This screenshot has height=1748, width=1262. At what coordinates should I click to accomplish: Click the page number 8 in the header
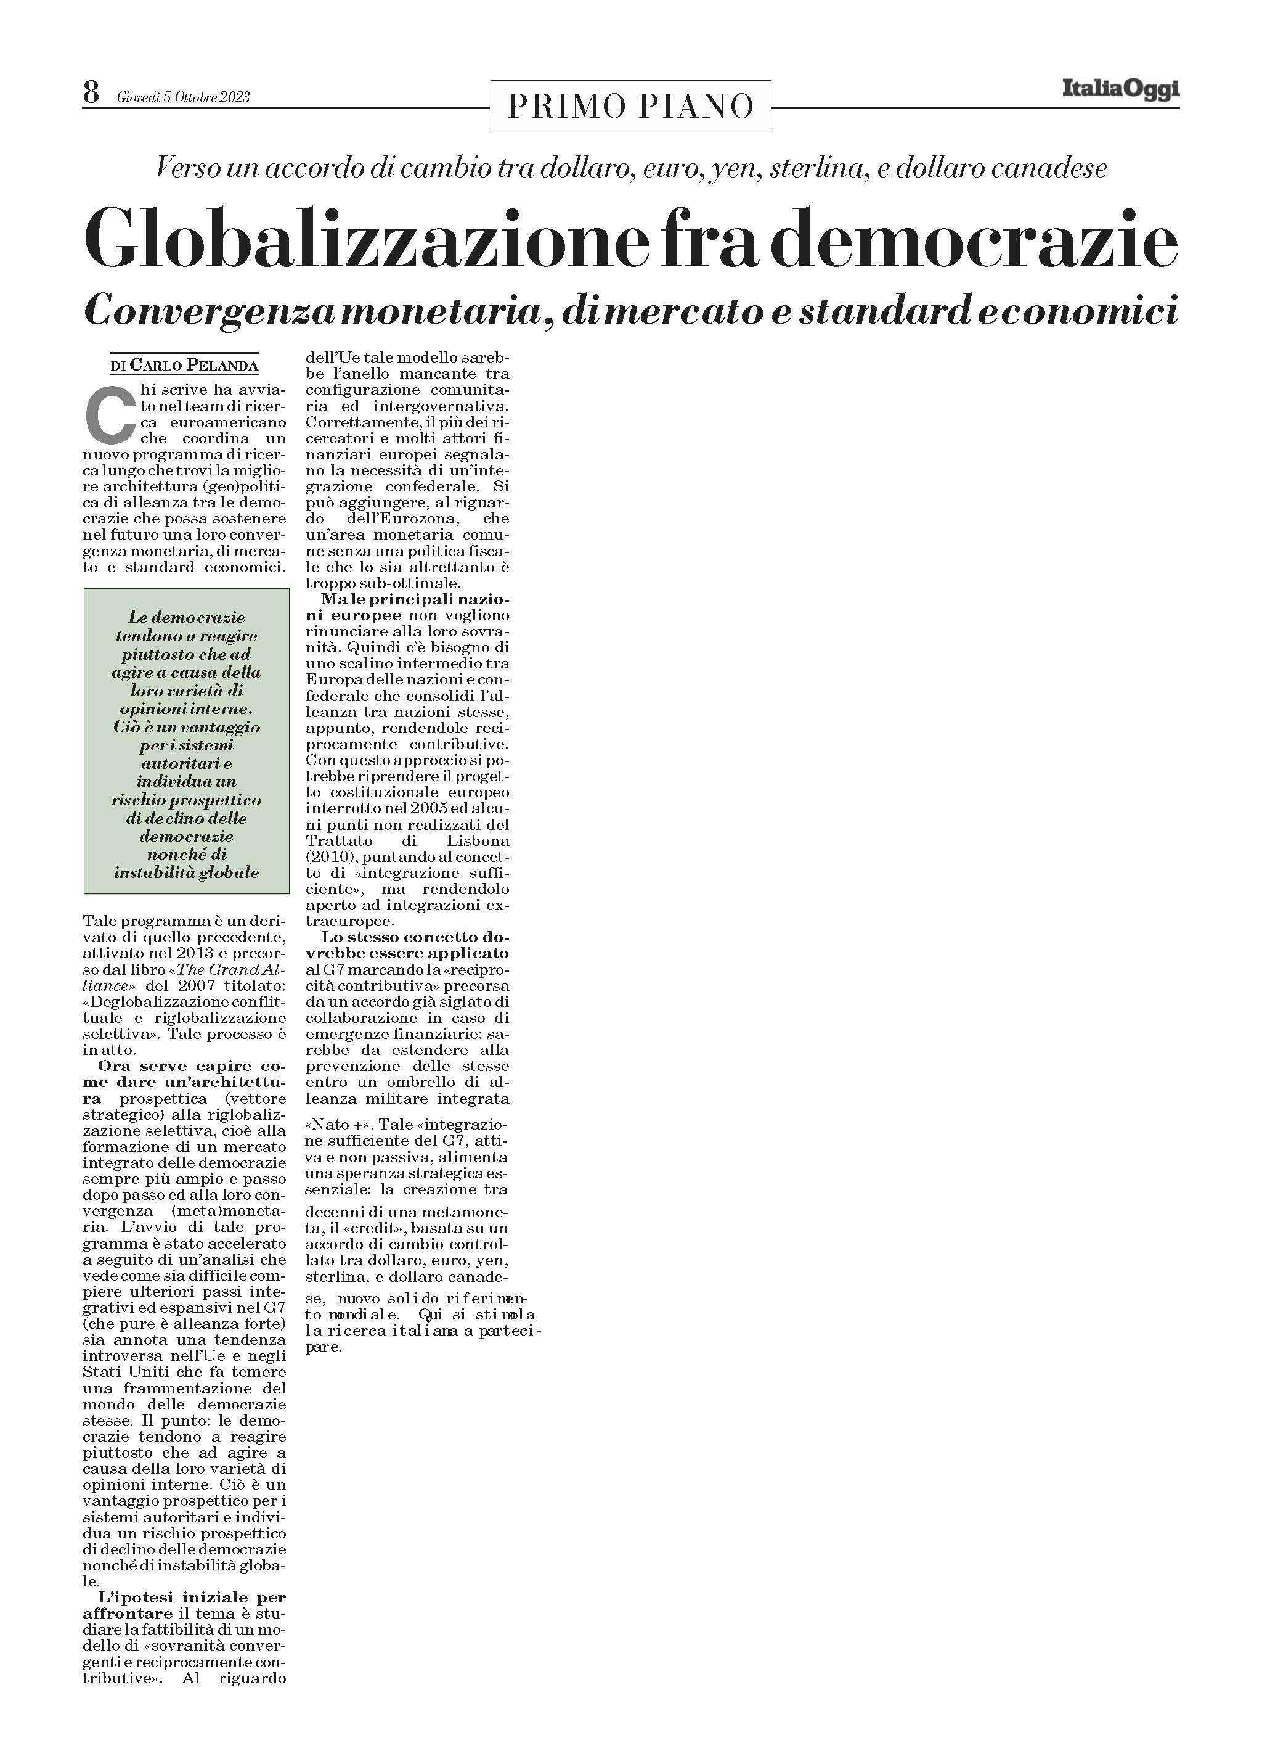tap(92, 94)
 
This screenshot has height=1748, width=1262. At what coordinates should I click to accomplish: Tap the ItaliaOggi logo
tap(1120, 90)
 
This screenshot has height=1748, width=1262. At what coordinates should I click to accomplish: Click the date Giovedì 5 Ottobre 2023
tap(184, 97)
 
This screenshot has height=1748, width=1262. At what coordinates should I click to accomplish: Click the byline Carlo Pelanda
tap(193, 365)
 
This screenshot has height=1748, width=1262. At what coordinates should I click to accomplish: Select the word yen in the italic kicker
tap(738, 168)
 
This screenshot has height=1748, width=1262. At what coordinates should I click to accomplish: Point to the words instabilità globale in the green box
tap(187, 872)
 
